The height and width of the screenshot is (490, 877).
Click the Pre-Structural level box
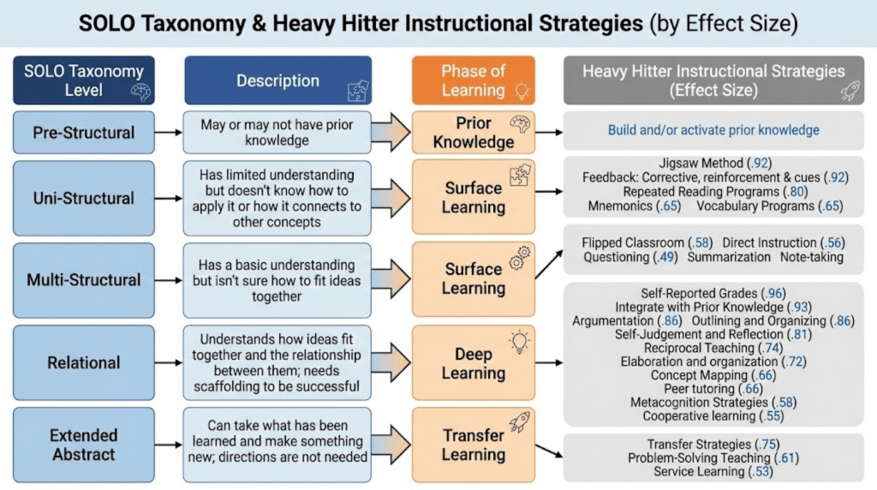tap(84, 132)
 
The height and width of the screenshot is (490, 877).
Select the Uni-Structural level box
tap(84, 198)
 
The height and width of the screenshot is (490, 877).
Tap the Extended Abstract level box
tap(84, 444)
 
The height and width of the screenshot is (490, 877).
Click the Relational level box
tap(84, 363)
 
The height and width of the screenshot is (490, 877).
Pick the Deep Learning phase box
tap(474, 363)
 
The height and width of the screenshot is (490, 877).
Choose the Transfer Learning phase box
tap(474, 444)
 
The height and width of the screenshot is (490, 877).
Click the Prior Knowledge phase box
tap(474, 132)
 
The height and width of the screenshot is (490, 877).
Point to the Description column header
tap(277, 81)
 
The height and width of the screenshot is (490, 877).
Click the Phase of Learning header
tap(474, 81)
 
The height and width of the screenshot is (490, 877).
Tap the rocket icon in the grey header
tap(850, 92)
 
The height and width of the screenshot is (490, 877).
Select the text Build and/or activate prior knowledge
tap(713, 131)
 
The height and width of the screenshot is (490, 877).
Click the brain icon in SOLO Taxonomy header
tap(139, 92)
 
